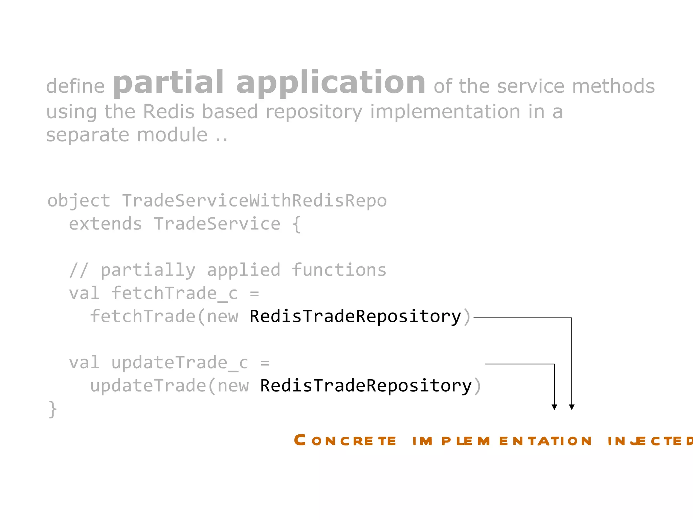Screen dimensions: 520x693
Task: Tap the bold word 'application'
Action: (x=330, y=83)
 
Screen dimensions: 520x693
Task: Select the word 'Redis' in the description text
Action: (x=169, y=111)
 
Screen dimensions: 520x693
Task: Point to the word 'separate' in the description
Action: (x=88, y=135)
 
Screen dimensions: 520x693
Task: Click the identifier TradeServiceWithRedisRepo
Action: (x=254, y=200)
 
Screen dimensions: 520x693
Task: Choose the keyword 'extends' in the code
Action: (x=105, y=224)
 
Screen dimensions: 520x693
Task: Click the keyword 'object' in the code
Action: (x=79, y=200)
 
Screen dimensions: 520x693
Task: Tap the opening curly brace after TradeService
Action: (x=296, y=224)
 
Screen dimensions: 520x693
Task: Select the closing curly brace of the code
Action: (x=53, y=409)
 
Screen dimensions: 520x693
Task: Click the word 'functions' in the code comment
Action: (x=339, y=270)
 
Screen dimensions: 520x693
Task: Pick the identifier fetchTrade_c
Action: (x=174, y=293)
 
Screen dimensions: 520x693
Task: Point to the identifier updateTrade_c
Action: (x=180, y=363)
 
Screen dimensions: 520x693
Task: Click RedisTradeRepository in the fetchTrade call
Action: (x=355, y=316)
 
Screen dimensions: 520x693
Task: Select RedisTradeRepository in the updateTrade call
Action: (x=366, y=386)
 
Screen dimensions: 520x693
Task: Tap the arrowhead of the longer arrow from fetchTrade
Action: (x=572, y=407)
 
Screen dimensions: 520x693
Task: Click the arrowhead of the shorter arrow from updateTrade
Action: (x=554, y=407)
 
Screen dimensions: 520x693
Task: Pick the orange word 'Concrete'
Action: (x=345, y=440)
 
